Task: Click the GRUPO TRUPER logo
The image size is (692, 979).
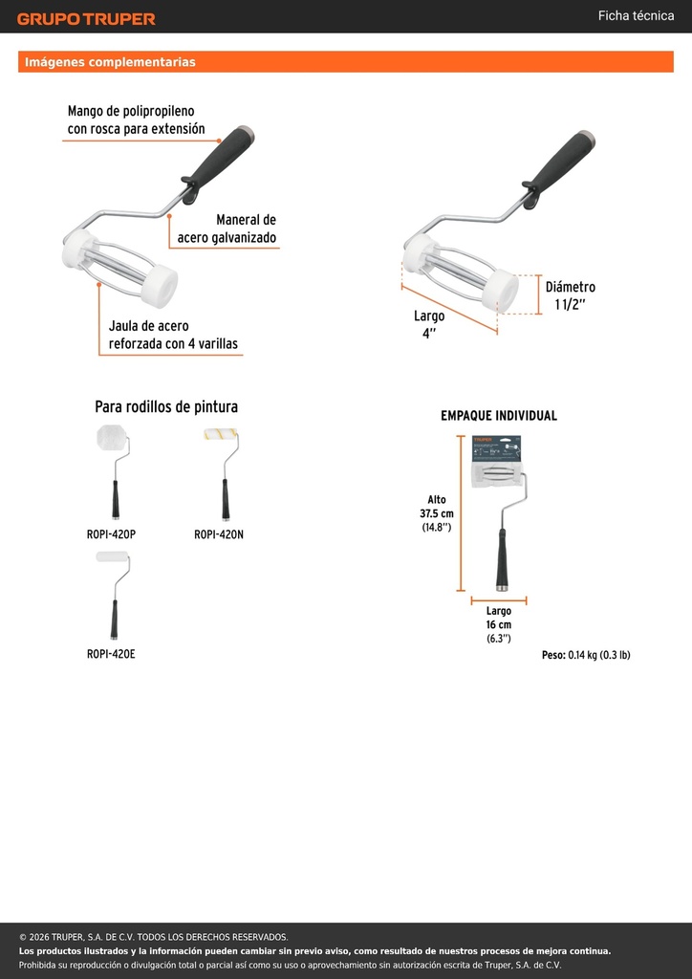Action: [x=86, y=19]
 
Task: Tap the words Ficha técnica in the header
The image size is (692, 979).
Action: [x=636, y=15]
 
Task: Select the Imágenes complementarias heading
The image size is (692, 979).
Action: [x=111, y=62]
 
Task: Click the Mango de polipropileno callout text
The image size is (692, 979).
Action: [x=136, y=120]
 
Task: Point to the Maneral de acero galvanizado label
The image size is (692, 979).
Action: [x=227, y=228]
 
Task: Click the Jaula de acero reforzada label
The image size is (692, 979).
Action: [x=173, y=335]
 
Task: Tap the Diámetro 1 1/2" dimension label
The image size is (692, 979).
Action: [x=571, y=296]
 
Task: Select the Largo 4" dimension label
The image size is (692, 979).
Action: [x=429, y=325]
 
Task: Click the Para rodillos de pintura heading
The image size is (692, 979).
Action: [x=166, y=407]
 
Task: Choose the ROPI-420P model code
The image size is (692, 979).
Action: [x=111, y=534]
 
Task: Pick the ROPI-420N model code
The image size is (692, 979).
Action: [x=219, y=534]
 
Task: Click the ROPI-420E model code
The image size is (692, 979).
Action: [x=111, y=654]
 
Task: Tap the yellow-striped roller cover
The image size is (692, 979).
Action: [x=219, y=435]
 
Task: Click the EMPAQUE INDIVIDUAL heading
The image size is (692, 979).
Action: [x=499, y=416]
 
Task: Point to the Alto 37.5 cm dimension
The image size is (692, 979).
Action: [x=437, y=513]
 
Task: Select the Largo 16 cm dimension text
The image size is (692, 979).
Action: [x=499, y=625]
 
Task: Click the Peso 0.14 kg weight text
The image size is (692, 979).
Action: [x=586, y=655]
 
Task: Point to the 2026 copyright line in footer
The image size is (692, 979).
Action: [x=154, y=937]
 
